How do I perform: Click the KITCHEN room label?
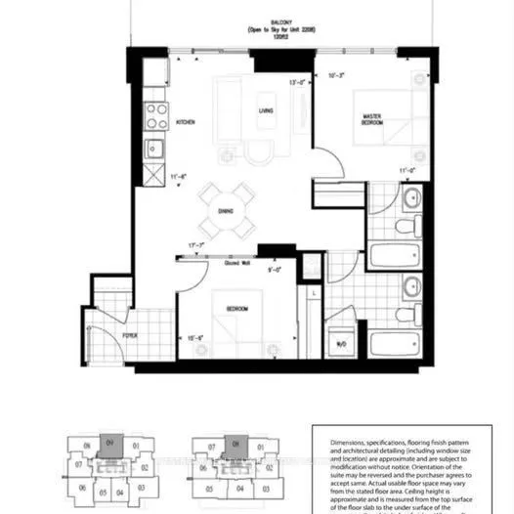click(187, 122)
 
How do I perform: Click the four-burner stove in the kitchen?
click(156, 116)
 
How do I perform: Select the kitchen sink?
click(155, 149)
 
